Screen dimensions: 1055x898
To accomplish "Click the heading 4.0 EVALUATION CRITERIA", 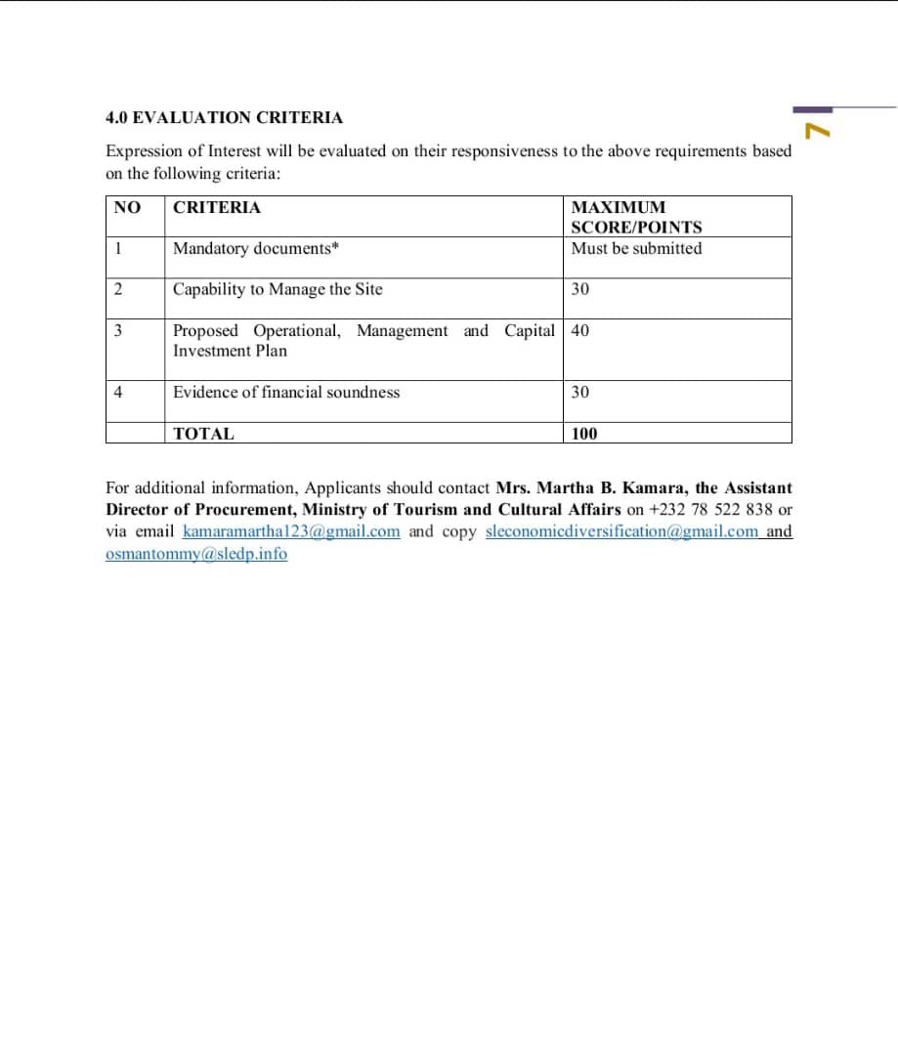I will (224, 117).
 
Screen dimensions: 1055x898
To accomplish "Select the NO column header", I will (127, 207).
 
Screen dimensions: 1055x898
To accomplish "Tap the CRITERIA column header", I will (217, 207).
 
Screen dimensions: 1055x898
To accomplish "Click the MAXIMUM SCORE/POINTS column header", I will (636, 217).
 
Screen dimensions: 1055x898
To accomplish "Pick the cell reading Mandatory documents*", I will (256, 248).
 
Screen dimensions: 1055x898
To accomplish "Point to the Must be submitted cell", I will (636, 248).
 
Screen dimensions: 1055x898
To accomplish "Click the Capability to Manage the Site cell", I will (278, 289).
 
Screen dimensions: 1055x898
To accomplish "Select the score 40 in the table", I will (580, 330).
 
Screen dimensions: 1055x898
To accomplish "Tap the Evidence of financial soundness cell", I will (286, 392).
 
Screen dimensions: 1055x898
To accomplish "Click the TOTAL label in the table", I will (203, 434).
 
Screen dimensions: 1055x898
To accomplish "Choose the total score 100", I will (584, 434).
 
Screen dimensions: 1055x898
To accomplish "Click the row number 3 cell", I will (117, 330).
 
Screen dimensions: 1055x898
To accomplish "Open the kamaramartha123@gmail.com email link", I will (291, 531).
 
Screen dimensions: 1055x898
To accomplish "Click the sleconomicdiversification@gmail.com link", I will (621, 531).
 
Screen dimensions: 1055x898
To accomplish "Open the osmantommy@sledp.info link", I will (196, 554).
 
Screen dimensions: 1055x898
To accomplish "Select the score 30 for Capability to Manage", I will (580, 289).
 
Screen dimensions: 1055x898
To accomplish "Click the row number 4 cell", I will (117, 392).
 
